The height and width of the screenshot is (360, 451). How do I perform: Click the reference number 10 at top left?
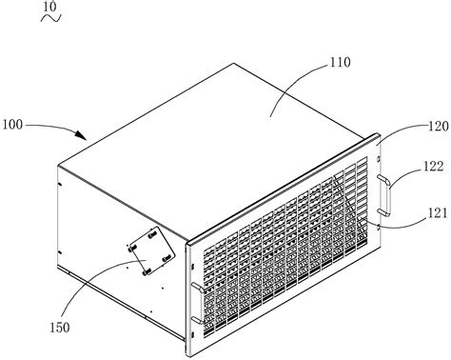[x=22, y=8]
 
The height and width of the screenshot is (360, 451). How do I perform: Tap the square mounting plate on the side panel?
[x=152, y=252]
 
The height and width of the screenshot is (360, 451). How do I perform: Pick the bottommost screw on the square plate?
[x=148, y=270]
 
